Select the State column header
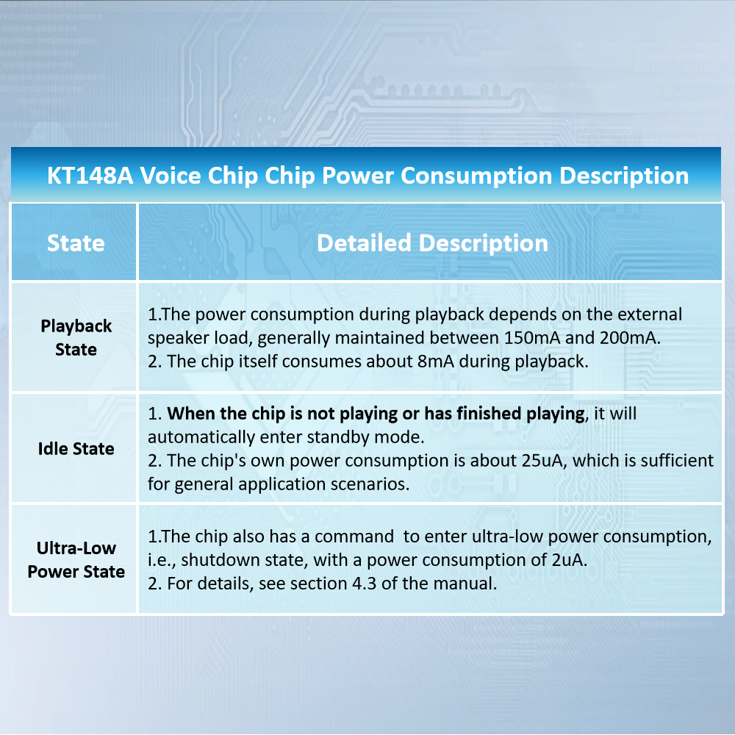(x=76, y=243)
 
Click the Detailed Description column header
(x=432, y=243)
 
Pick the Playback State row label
(x=76, y=337)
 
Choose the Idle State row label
(x=76, y=448)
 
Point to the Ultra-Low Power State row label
(x=76, y=559)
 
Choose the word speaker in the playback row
(x=177, y=338)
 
